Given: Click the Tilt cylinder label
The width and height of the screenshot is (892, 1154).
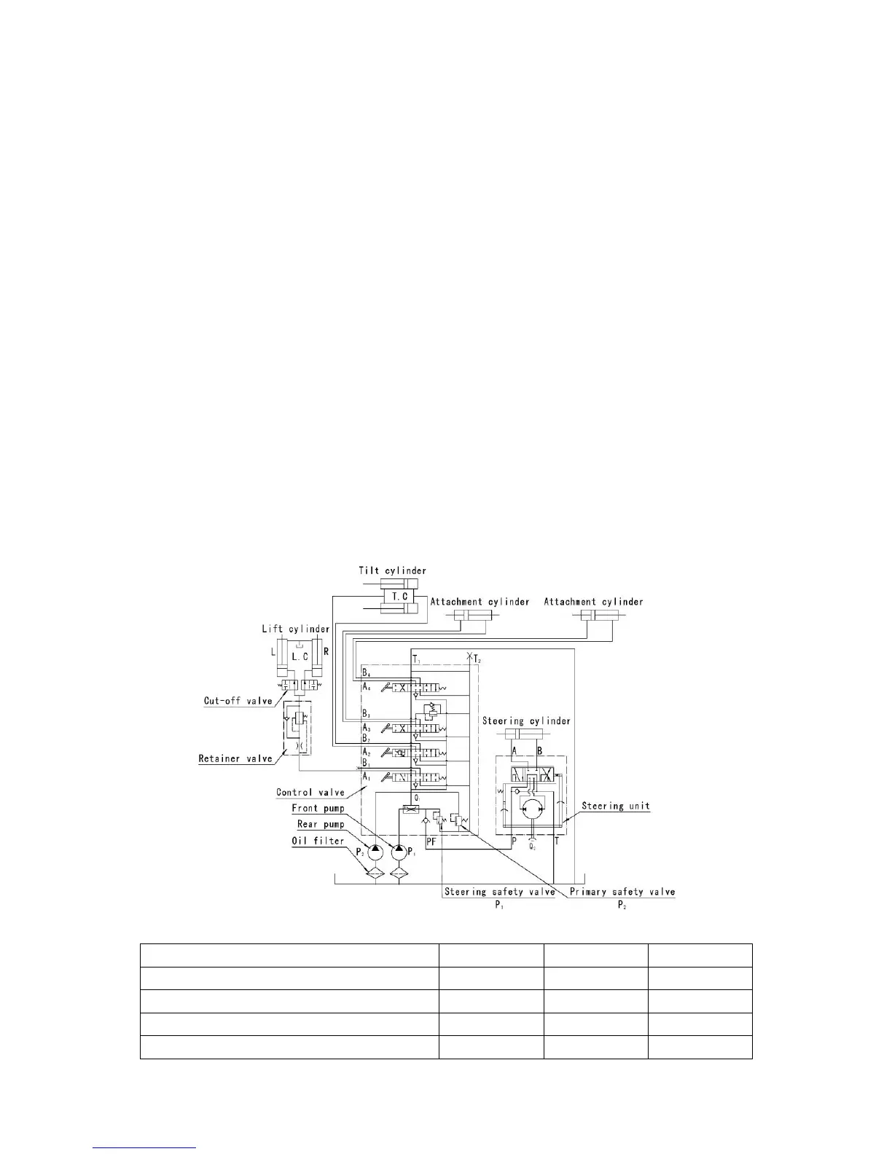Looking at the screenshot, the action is [392, 570].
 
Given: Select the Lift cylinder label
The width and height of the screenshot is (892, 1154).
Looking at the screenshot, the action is [295, 629].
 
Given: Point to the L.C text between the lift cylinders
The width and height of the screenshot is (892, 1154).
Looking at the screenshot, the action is [300, 656].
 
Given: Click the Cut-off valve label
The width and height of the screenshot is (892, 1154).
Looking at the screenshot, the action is [238, 702].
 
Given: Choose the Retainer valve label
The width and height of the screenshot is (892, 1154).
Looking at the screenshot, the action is [235, 758].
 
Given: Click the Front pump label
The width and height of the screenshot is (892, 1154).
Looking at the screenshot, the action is [318, 808].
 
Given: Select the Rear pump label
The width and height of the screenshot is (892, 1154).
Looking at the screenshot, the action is [321, 824].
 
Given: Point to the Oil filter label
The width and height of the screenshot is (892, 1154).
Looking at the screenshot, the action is [318, 841].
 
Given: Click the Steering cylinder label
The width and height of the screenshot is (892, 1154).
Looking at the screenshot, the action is [526, 721].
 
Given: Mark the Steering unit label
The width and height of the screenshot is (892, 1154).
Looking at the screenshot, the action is [616, 806].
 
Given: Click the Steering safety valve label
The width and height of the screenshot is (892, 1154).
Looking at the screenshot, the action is [499, 892].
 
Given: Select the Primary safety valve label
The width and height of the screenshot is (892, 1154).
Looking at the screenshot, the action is [622, 892].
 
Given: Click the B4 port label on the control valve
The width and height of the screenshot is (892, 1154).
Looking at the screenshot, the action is [367, 672].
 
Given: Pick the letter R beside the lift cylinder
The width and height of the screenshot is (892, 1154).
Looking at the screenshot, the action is [326, 651].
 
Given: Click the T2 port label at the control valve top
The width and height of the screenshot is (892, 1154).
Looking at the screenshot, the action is [477, 659].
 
